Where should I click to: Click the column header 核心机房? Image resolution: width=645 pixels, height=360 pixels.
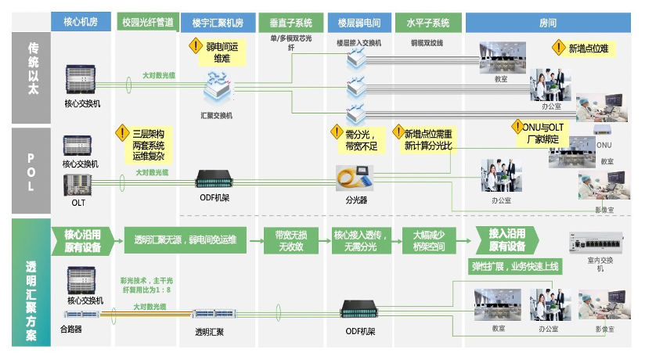point(81,23)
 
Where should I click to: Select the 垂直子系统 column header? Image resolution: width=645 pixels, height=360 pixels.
point(290,23)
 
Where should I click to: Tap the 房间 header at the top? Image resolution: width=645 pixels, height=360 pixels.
point(547,23)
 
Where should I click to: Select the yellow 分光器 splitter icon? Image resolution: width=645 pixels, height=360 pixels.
point(356,178)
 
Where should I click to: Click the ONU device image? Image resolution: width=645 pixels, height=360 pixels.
point(604,131)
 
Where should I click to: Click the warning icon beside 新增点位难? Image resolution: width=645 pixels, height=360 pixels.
point(558,48)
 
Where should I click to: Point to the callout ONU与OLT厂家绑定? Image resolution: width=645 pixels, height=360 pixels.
point(540,133)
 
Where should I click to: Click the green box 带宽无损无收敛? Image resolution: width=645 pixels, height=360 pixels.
point(290,240)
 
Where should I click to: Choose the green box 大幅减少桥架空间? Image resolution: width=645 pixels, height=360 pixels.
point(427,240)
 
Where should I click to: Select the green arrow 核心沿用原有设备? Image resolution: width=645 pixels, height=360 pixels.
point(82,240)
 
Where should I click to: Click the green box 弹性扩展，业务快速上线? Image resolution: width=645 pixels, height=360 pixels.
point(514,267)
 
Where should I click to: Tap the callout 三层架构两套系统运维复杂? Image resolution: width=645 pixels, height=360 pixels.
point(146,144)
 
